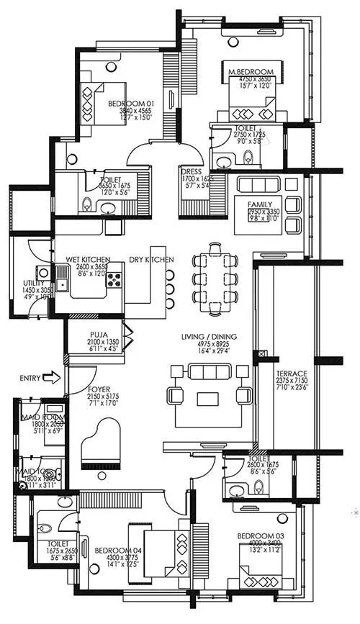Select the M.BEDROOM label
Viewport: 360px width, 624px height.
click(251, 72)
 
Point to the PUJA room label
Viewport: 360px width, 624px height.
click(99, 334)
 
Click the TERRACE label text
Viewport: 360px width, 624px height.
click(292, 374)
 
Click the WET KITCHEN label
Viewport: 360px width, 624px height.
click(88, 258)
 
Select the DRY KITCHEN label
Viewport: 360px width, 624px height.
click(151, 258)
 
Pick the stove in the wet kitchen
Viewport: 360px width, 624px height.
click(114, 279)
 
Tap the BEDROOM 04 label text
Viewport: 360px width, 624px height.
click(115, 551)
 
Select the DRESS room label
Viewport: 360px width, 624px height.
click(191, 172)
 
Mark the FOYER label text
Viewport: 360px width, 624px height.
click(99, 389)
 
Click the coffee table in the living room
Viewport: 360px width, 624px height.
click(207, 398)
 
